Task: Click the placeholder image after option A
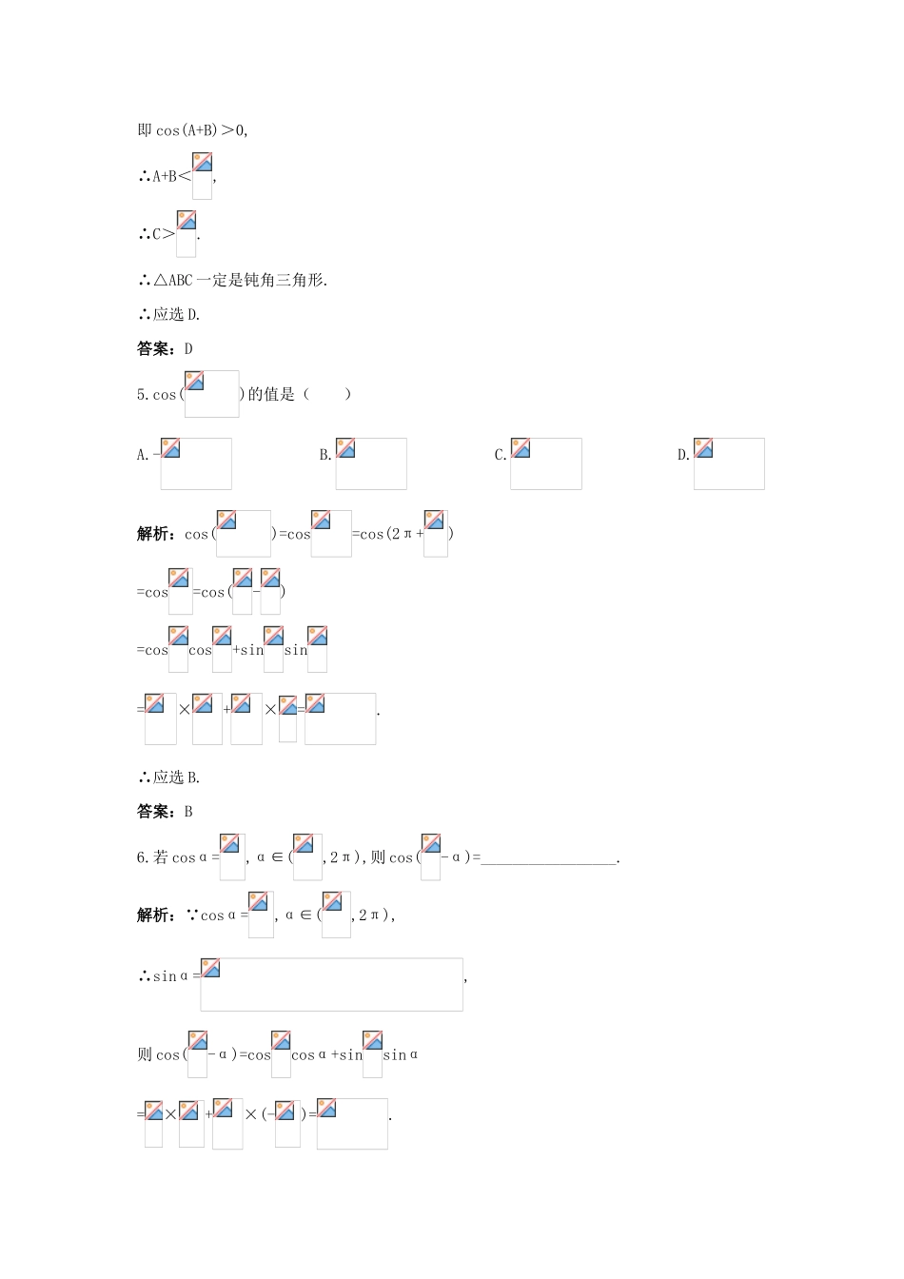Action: point(196,463)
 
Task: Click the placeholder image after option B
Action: point(371,463)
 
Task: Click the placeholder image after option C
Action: point(546,463)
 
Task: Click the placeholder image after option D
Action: point(729,463)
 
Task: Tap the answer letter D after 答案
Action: point(188,349)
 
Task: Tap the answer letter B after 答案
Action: point(188,812)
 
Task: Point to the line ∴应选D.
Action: point(169,315)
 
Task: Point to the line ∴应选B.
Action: point(169,777)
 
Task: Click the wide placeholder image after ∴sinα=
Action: point(331,984)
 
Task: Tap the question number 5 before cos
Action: point(141,395)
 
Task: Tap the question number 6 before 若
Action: point(141,858)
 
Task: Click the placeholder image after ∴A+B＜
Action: point(202,176)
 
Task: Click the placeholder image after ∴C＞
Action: point(186,234)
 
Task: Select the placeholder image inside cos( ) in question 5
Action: point(211,394)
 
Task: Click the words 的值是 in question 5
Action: point(271,395)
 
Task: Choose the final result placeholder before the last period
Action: point(352,1123)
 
